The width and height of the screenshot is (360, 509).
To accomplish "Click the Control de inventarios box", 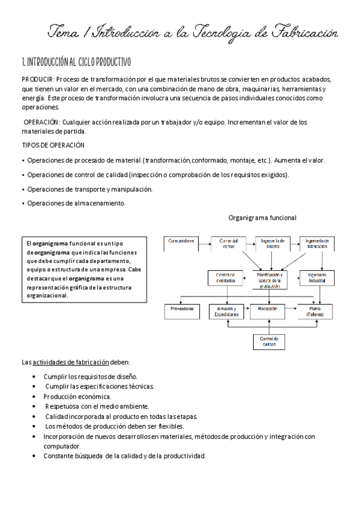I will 225,278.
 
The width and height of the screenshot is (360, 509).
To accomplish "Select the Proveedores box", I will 182,311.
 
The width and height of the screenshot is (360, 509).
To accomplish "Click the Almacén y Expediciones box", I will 224,311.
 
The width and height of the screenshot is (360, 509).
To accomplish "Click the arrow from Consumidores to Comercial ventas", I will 205,242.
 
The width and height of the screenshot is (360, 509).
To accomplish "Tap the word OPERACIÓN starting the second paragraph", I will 41,122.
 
